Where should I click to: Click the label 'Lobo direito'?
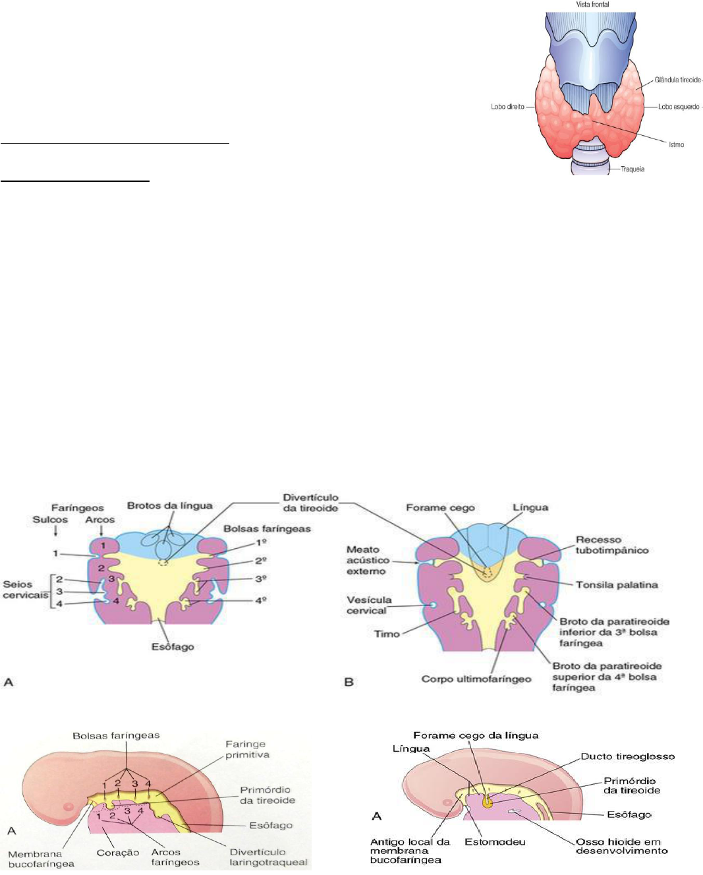[507, 107]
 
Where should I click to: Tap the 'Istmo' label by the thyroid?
[676, 144]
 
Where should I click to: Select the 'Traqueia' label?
[633, 169]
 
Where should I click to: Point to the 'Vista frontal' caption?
[592, 5]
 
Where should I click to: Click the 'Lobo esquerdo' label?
[679, 107]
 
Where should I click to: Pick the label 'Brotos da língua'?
[169, 505]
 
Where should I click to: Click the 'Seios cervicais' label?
[25, 590]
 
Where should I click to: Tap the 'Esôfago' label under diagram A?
[173, 646]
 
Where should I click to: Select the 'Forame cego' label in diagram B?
[440, 507]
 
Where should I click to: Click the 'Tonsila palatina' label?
[617, 584]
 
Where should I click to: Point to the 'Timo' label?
[387, 634]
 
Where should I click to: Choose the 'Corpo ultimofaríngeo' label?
[476, 679]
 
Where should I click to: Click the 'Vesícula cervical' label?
[369, 605]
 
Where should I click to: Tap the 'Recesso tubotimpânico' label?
[612, 545]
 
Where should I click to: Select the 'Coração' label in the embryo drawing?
[118, 853]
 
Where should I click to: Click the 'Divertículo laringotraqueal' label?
[268, 857]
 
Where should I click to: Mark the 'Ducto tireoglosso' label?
[627, 756]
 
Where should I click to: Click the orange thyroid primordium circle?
[487, 803]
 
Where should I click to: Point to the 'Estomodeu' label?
[495, 841]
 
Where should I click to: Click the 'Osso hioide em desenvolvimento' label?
[621, 846]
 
